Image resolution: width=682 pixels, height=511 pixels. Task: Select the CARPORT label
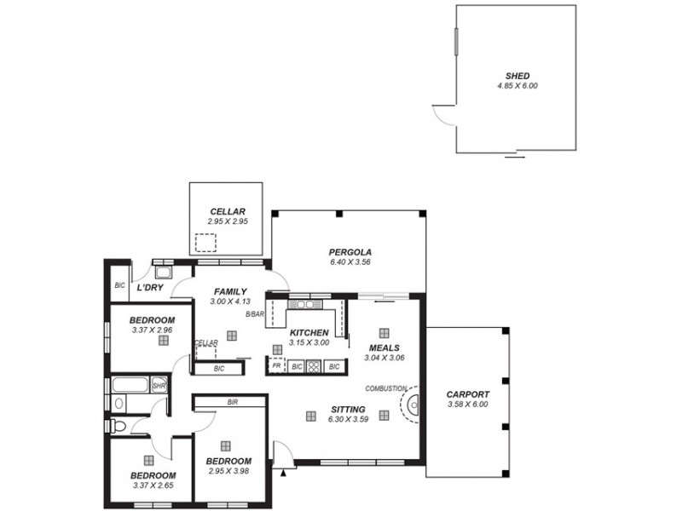click(x=468, y=394)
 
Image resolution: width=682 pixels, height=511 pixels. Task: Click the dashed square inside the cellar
click(x=205, y=244)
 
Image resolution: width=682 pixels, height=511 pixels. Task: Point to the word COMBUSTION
click(x=384, y=388)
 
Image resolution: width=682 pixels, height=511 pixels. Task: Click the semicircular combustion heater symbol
click(x=413, y=405)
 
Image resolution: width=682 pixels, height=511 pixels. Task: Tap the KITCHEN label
click(x=309, y=332)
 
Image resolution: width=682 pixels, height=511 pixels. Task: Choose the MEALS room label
click(x=384, y=347)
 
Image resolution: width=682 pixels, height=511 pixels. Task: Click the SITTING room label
click(x=347, y=410)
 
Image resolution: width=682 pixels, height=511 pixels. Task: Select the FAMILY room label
click(x=230, y=290)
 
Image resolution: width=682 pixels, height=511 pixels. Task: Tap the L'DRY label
click(x=150, y=289)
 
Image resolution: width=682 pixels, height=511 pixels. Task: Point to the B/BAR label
click(x=254, y=315)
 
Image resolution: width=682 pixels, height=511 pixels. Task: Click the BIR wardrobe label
click(x=232, y=401)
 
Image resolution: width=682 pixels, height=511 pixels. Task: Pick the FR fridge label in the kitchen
click(x=276, y=366)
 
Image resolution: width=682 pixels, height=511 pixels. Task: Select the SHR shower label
click(x=158, y=386)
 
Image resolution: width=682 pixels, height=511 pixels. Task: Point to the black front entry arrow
click(x=282, y=469)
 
